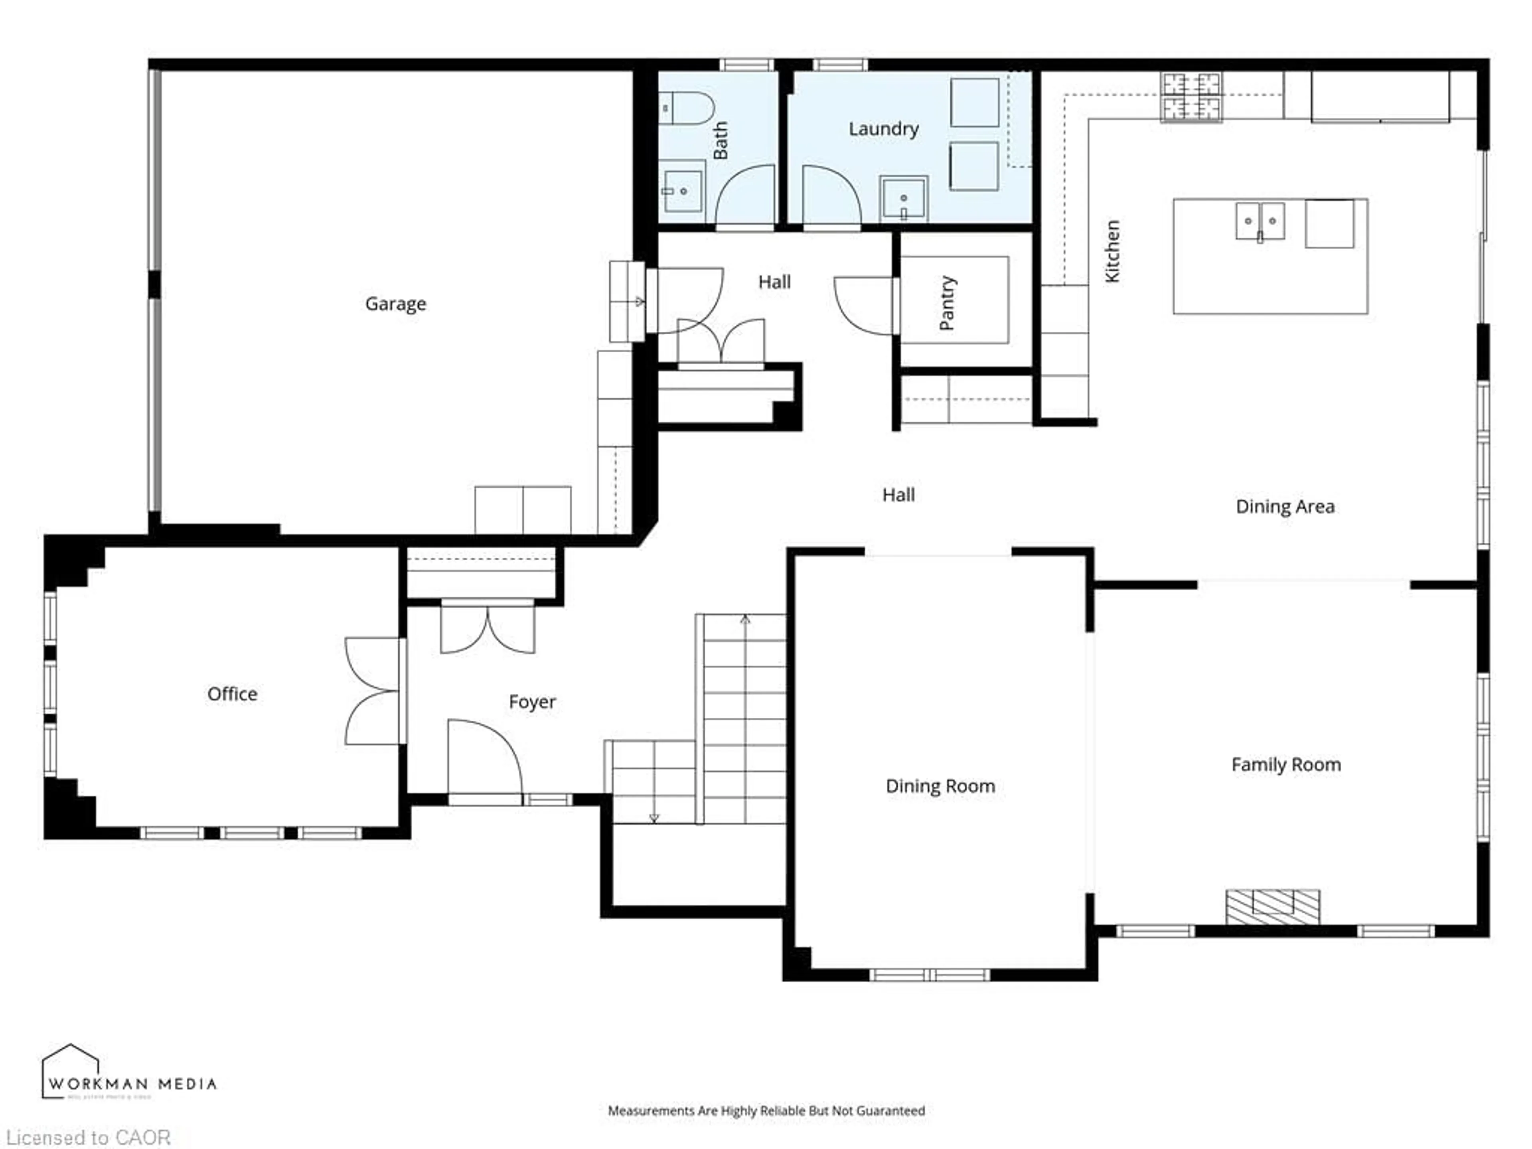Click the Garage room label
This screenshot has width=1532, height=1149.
point(395,303)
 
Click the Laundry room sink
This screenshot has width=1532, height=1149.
point(903,198)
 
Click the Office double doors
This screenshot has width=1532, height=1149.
point(373,691)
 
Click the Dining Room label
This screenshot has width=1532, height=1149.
point(940,786)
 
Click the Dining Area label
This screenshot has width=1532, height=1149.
point(1285,506)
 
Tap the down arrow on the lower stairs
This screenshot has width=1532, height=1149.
point(654,817)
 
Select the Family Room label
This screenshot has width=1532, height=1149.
point(1285,765)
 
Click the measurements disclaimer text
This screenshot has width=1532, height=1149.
point(766,1111)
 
